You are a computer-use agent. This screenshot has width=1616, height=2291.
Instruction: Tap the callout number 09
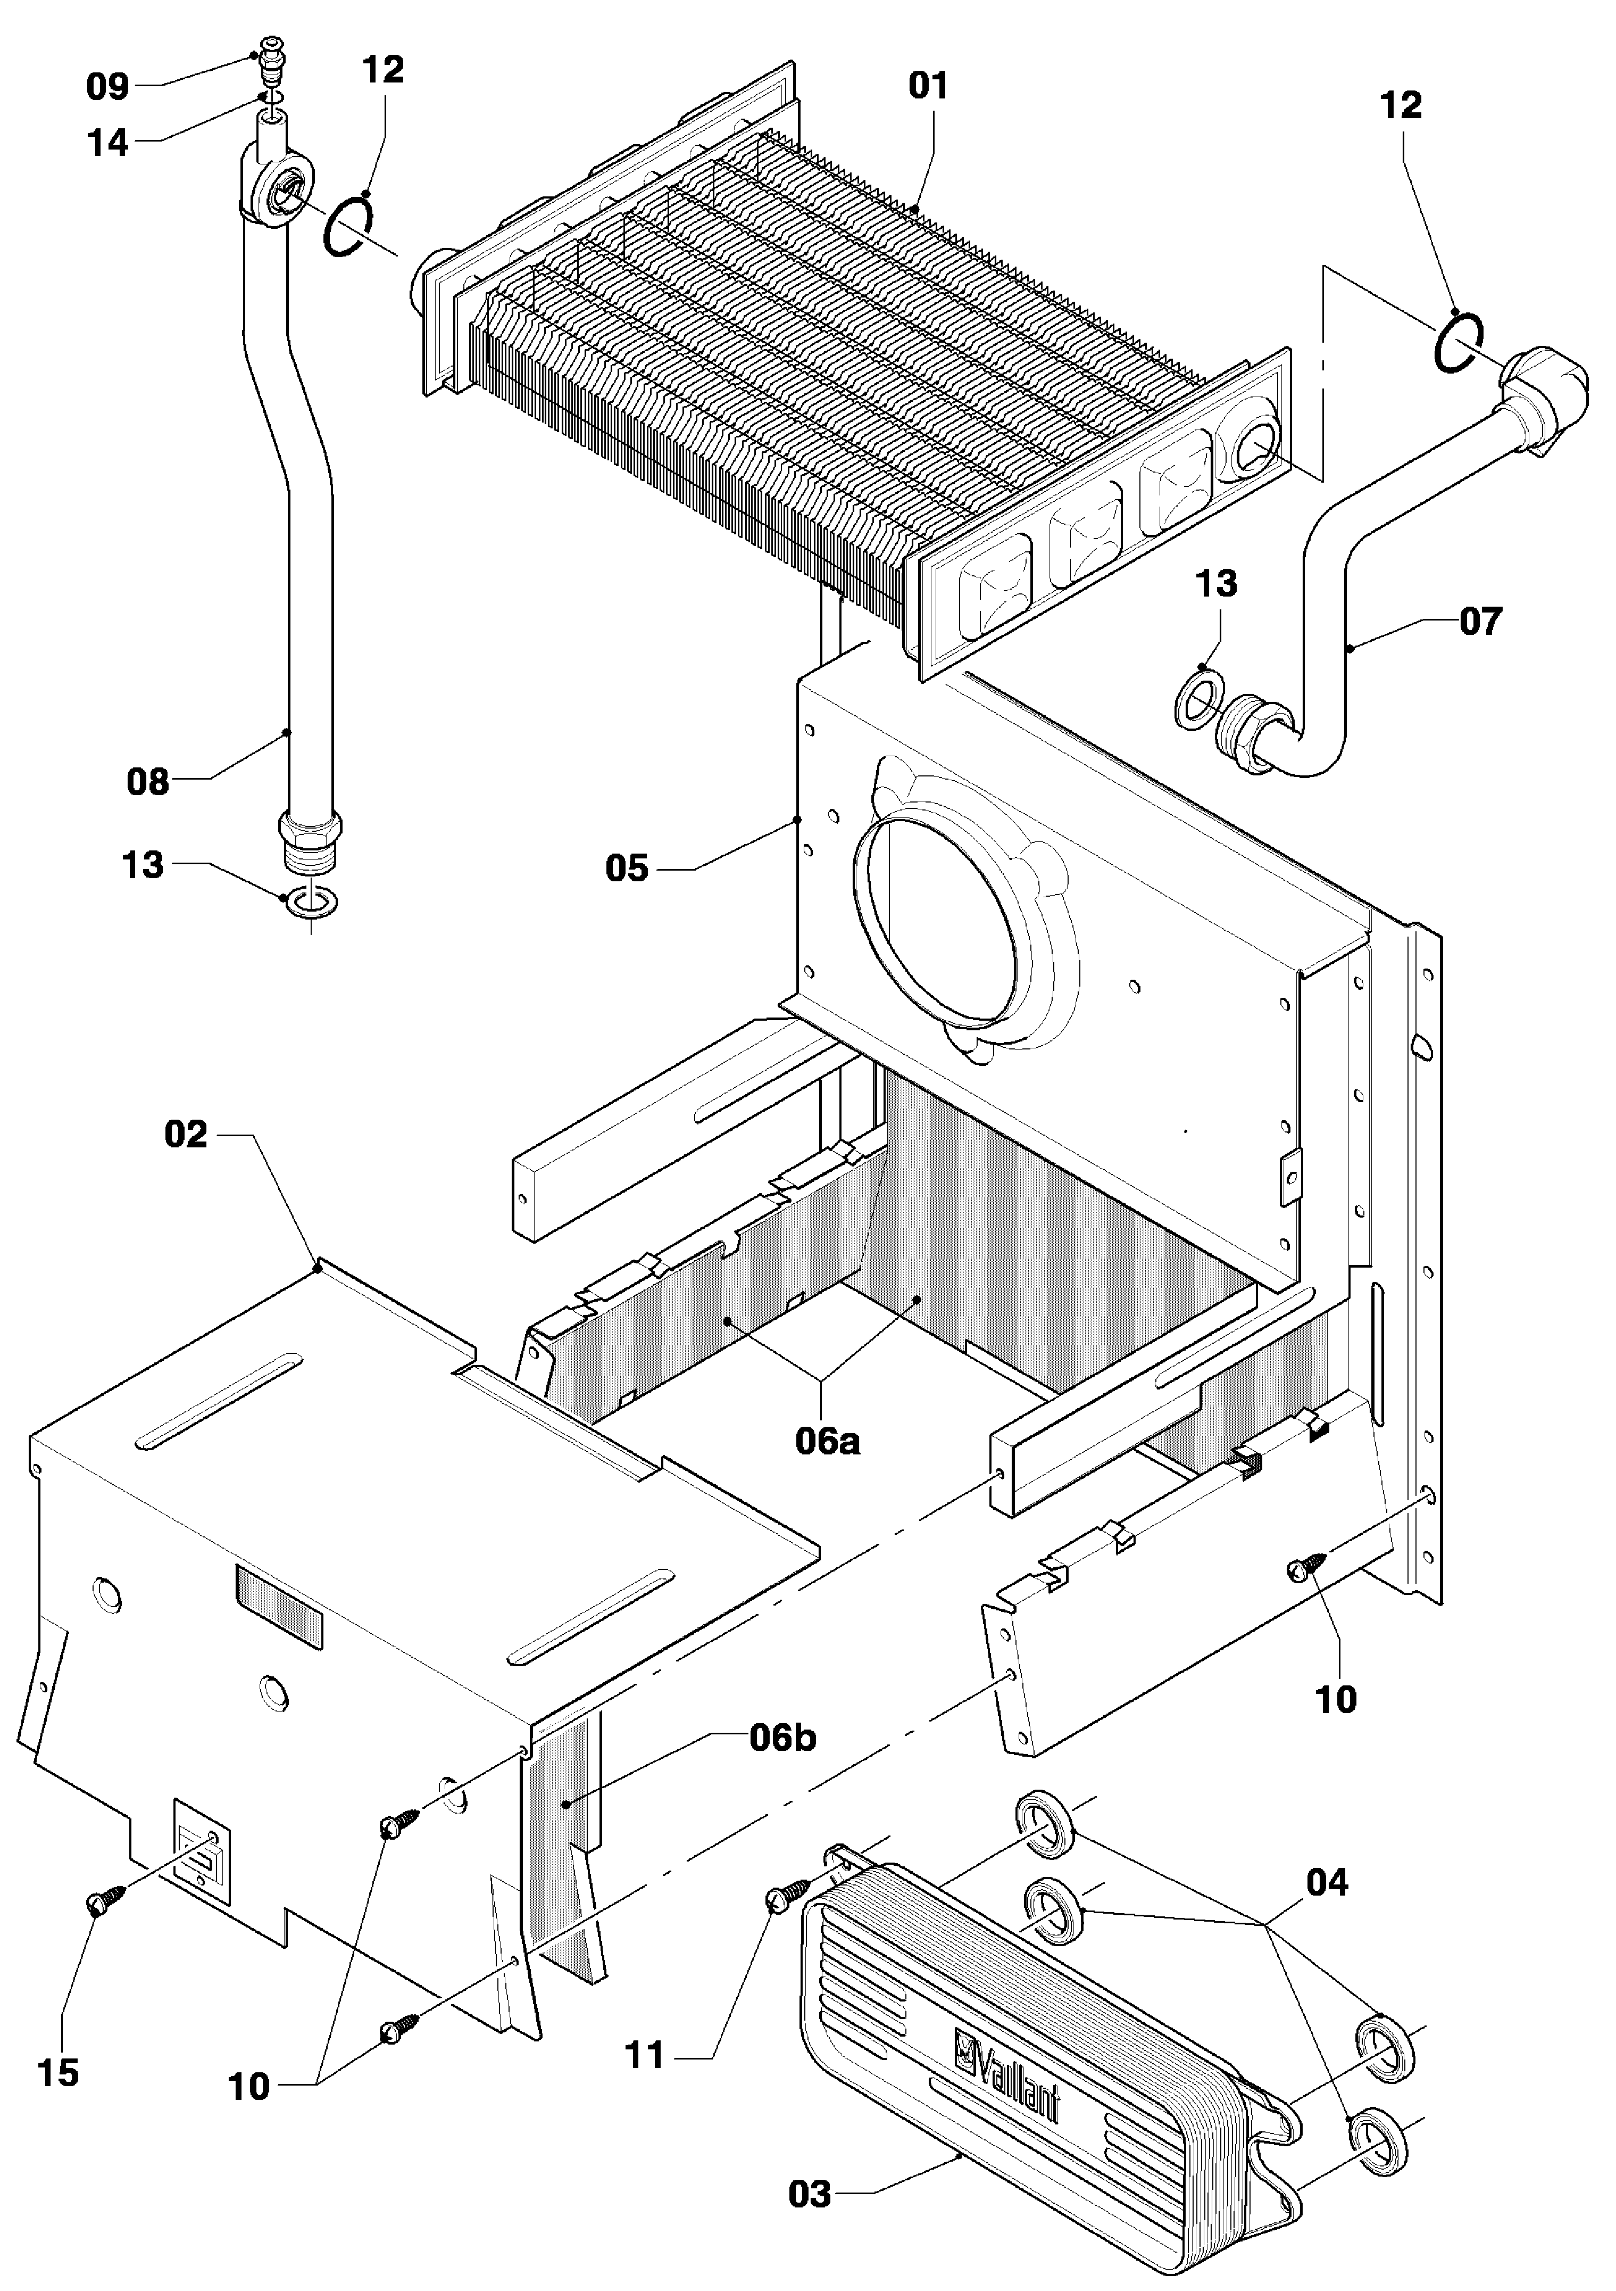(108, 88)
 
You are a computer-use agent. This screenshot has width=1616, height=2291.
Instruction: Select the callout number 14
(108, 144)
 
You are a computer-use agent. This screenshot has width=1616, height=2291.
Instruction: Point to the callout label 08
(148, 782)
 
